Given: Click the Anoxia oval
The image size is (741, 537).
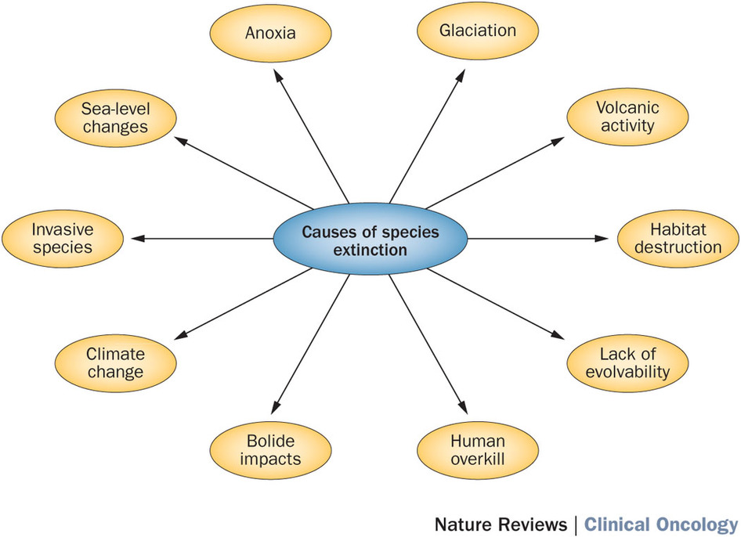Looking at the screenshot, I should (x=259, y=34).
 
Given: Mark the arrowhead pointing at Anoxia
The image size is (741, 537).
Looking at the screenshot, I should (x=278, y=74).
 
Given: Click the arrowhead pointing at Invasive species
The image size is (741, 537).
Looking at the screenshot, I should (x=139, y=238).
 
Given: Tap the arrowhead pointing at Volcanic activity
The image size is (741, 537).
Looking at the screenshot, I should (x=557, y=139).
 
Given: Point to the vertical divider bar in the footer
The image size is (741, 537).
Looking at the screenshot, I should (x=577, y=524).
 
